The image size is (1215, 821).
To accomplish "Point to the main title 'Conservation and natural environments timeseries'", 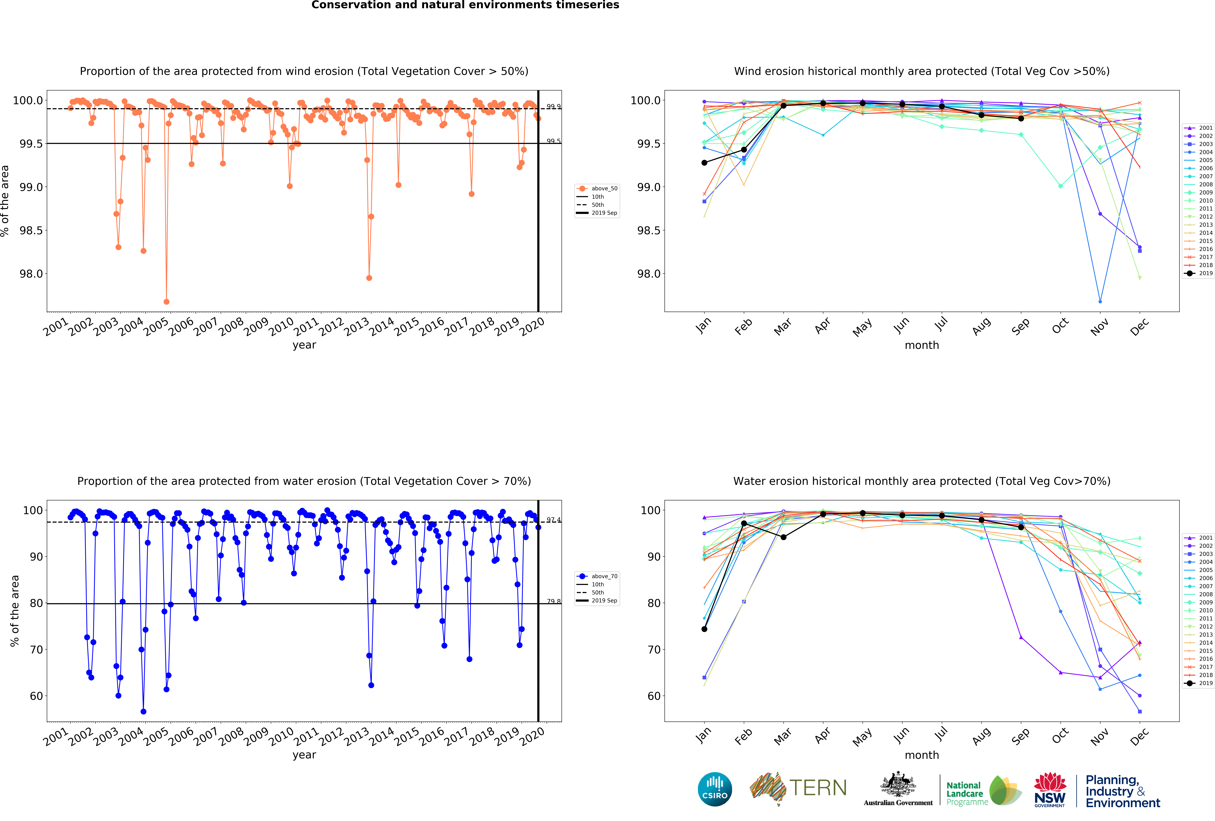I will click(465, 5).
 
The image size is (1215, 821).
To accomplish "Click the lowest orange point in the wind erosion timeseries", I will click(166, 302).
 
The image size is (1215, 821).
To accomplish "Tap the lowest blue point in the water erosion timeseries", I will click(143, 711).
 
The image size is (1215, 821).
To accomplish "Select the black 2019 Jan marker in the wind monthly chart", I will click(704, 163).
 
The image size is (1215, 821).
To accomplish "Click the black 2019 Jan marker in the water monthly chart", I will click(704, 629).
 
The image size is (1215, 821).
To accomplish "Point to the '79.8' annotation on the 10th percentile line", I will click(554, 602).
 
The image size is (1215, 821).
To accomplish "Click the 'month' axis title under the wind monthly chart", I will click(922, 345).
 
